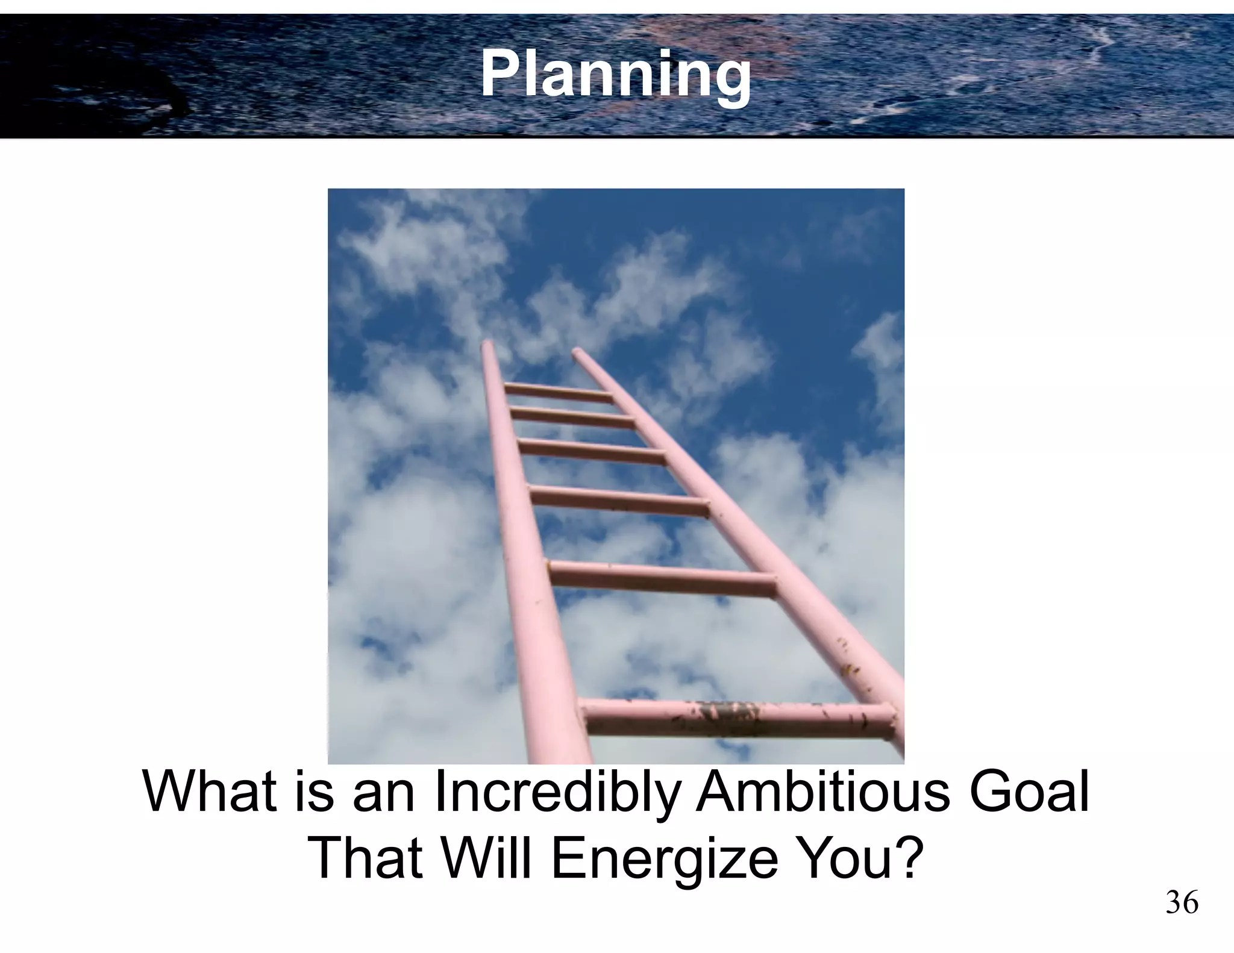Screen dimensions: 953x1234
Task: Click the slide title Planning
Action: coord(615,75)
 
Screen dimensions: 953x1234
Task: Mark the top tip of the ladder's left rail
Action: coord(487,345)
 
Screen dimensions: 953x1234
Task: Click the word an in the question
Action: coord(384,794)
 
